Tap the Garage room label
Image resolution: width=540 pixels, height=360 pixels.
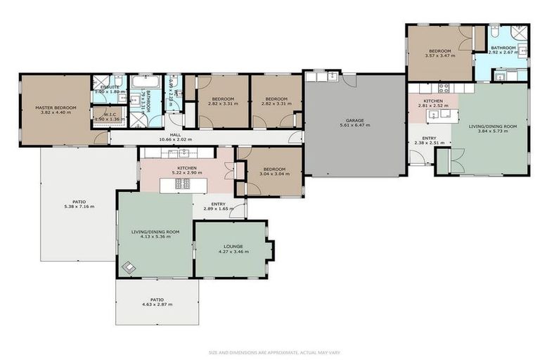pyautogui.click(x=354, y=120)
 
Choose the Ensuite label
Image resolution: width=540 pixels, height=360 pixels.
pyautogui.click(x=109, y=86)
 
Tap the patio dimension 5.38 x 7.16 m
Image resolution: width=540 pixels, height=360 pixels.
pyautogui.click(x=79, y=207)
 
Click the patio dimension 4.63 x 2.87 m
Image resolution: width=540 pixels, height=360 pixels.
pyautogui.click(x=157, y=304)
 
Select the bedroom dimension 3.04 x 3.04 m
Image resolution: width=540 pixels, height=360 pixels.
pyautogui.click(x=274, y=174)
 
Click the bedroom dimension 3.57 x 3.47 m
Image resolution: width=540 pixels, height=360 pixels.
pyautogui.click(x=441, y=55)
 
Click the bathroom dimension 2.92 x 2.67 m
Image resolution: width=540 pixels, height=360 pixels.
pyautogui.click(x=503, y=53)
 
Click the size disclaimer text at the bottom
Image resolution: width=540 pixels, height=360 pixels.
pyautogui.click(x=270, y=352)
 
